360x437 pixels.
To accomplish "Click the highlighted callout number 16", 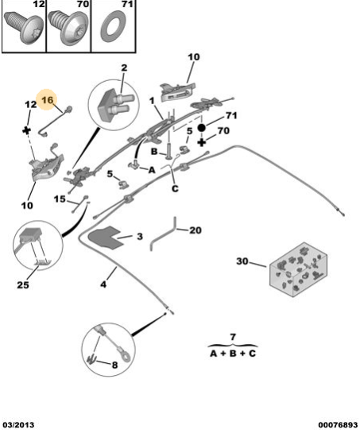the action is (48, 100).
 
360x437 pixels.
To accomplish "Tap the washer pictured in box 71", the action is (113, 26).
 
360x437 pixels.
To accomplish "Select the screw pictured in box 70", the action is (68, 27).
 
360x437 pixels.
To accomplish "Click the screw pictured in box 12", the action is (24, 27).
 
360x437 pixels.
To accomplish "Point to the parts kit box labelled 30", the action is (298, 269).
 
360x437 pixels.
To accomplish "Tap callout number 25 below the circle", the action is (23, 284).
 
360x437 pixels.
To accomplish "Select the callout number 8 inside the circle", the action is (114, 365).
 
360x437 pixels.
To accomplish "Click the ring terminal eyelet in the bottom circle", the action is (126, 356).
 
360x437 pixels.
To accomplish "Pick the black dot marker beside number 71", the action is (201, 128).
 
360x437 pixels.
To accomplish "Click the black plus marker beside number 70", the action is (202, 142).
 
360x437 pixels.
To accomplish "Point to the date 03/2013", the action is (18, 425).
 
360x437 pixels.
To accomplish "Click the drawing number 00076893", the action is (338, 425).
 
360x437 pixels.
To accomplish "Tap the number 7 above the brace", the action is (233, 337).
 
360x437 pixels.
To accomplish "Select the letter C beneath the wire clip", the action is (175, 188).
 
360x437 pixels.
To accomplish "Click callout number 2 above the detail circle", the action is (124, 68).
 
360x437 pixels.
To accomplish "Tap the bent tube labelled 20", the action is (163, 234).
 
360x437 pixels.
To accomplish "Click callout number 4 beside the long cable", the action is (103, 284).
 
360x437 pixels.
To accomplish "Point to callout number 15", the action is (60, 199).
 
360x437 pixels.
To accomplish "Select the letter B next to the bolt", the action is (154, 152).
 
